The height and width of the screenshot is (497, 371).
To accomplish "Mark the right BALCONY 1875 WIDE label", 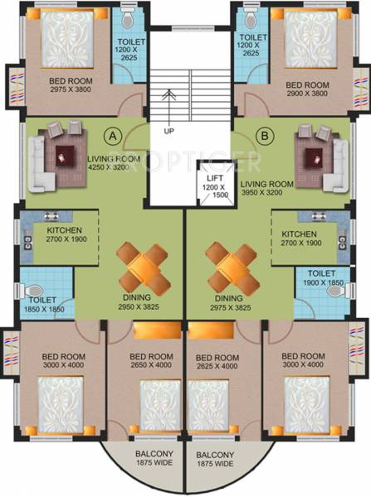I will pos(214,461).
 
